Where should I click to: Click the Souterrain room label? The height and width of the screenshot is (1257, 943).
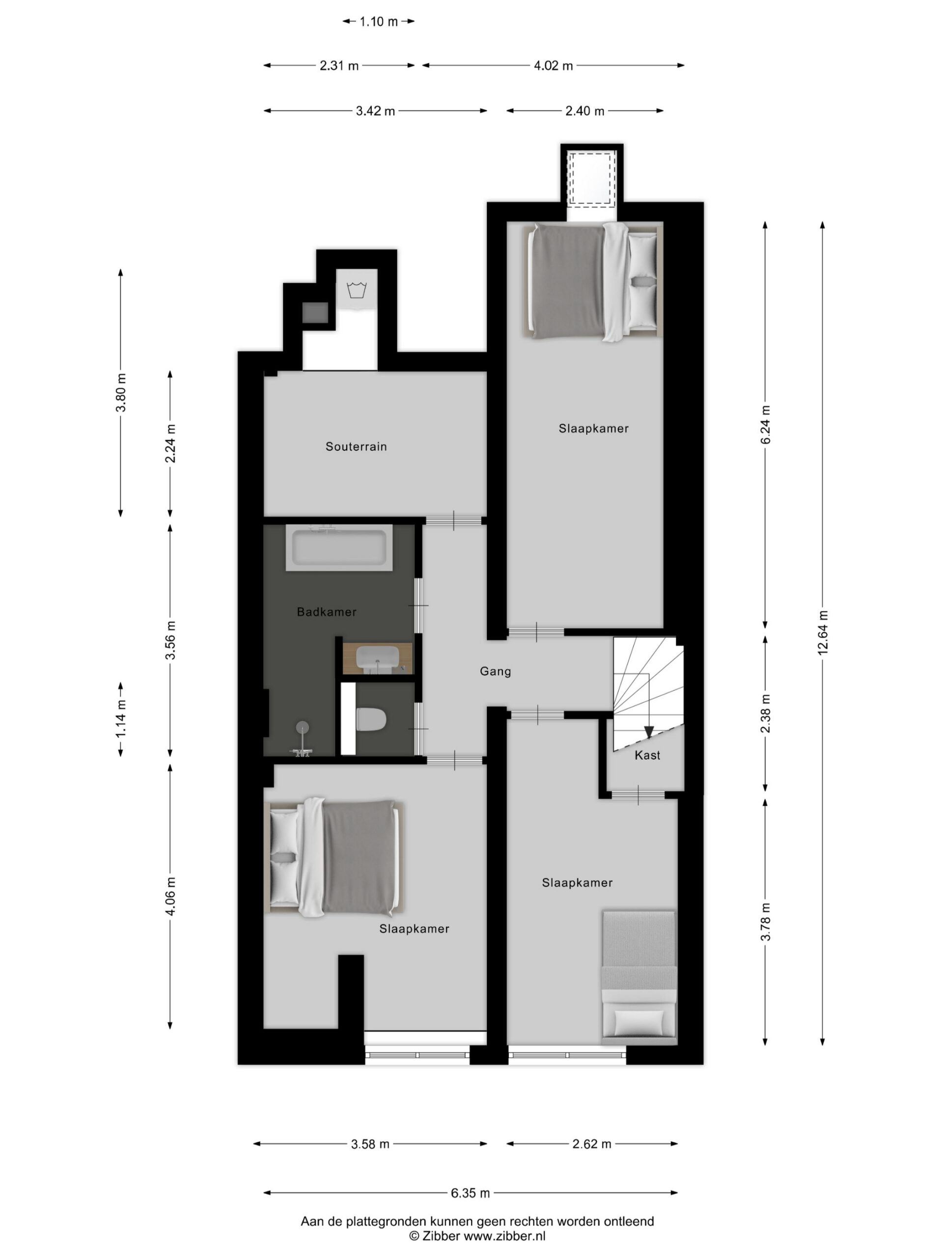coord(356,447)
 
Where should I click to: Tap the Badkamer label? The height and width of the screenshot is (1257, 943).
coord(327,612)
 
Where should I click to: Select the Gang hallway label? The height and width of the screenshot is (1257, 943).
coord(495,672)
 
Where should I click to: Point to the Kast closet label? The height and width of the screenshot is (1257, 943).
coord(647,755)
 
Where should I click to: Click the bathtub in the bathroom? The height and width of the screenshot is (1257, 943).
coord(339,548)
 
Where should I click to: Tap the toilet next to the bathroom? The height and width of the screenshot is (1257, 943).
coord(371,719)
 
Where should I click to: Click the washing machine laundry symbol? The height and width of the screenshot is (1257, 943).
coord(357,290)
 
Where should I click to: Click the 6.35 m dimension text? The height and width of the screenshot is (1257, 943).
coord(470,1193)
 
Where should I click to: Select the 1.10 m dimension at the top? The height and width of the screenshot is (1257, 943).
coord(379,22)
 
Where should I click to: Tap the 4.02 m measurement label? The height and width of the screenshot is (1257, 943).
coord(553,66)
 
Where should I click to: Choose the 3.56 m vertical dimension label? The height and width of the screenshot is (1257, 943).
coord(170,640)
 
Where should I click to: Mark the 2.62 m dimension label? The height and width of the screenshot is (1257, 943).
coord(592,1144)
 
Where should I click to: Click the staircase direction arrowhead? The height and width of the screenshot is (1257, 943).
coord(649,732)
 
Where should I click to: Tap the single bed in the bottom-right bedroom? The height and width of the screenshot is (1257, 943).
coord(639,978)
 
